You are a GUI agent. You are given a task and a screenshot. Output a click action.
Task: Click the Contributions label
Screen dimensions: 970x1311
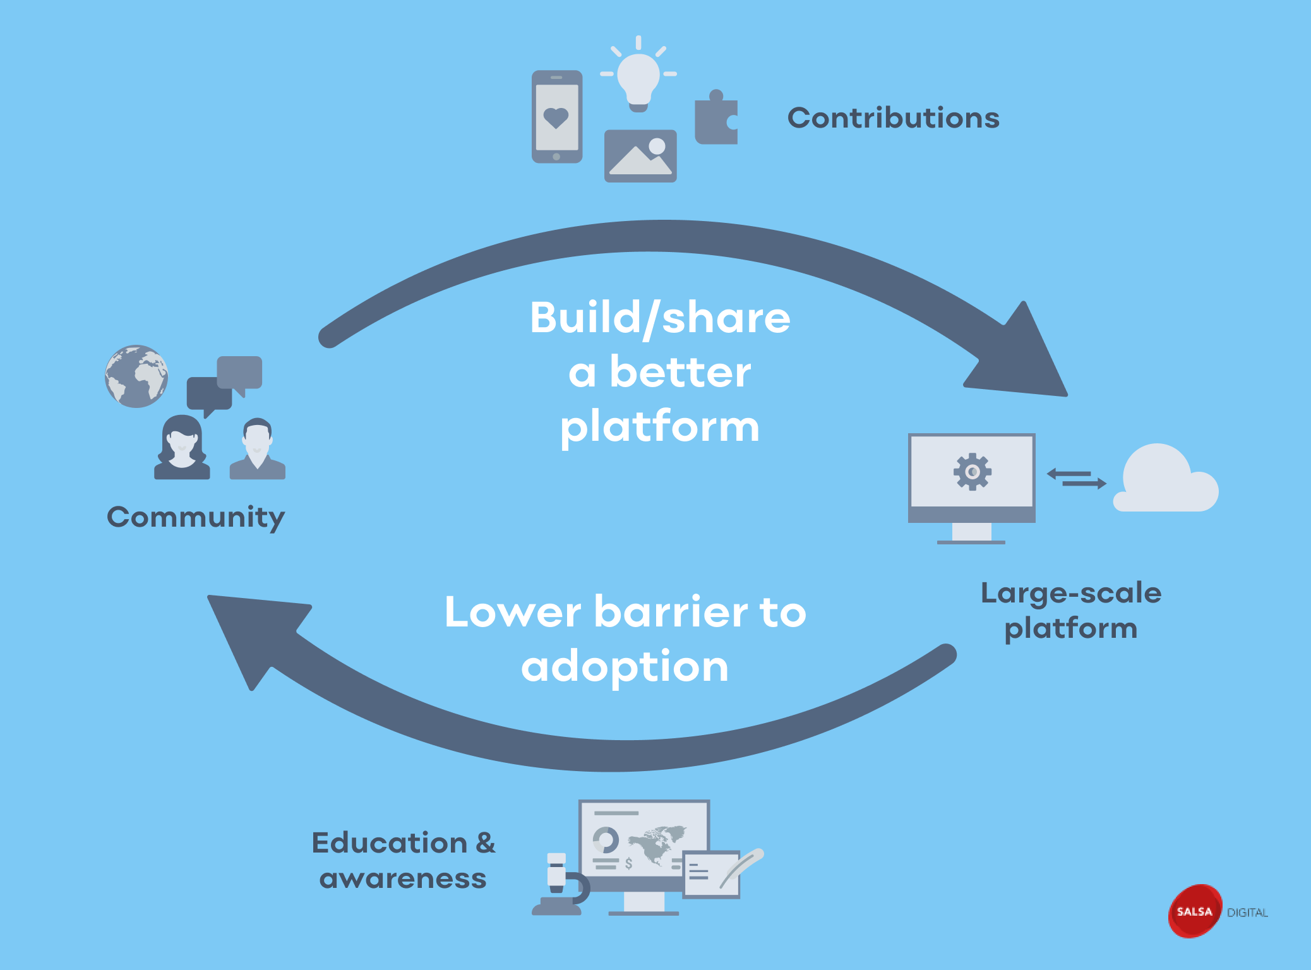coord(893,118)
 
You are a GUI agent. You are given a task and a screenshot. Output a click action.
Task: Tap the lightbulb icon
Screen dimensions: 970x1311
coord(638,78)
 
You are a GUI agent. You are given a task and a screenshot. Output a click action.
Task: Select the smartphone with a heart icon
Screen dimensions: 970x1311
coord(556,117)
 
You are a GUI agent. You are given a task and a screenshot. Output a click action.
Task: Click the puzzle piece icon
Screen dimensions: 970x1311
coord(716,120)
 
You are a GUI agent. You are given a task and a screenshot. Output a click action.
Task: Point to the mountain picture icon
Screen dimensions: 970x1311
coord(640,157)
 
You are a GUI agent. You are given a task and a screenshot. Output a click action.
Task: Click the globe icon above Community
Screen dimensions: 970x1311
coord(136,376)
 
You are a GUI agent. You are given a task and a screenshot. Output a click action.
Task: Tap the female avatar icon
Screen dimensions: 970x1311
coord(182,448)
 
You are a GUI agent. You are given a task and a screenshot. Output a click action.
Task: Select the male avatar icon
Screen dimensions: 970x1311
coord(257,449)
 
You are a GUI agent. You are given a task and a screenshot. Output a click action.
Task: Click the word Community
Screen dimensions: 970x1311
coord(196,517)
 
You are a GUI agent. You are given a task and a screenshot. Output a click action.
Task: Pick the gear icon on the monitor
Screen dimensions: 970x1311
coord(972,472)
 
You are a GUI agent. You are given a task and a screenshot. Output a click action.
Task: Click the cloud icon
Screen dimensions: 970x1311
coord(1166,480)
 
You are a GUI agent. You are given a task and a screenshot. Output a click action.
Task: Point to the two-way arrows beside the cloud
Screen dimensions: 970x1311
coord(1076,478)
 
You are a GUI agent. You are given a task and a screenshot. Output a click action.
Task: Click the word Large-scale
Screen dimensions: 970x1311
coord(1071,594)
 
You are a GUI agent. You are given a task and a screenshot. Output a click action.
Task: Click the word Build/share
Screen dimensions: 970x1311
coord(660,318)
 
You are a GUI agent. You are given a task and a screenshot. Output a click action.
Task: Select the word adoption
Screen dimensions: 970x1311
coord(625,668)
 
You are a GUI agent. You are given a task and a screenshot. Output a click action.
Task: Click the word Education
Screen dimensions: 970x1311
coord(390,843)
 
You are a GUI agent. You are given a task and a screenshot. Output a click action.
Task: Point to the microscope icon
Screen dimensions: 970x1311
coord(560,884)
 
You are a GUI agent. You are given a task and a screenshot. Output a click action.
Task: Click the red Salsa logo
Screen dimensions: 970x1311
coord(1194,911)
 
